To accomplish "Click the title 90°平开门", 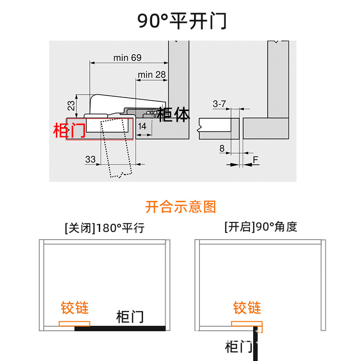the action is [x=182, y=21].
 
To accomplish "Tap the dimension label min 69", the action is [x=127, y=58].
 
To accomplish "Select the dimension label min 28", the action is [x=152, y=74].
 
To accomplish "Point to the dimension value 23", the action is [x=71, y=105].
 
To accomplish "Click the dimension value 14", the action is [x=142, y=126].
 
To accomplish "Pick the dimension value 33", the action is [x=90, y=159].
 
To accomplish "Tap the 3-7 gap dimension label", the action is [x=219, y=104].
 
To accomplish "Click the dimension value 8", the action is [x=222, y=148].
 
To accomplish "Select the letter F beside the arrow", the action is [x=255, y=160].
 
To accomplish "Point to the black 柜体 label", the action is [x=174, y=115].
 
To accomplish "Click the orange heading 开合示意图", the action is [x=180, y=207].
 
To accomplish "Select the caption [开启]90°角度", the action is [x=260, y=227].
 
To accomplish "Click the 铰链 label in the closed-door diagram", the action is [x=75, y=308].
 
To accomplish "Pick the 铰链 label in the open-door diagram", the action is [x=247, y=308].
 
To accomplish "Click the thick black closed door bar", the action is [x=120, y=329].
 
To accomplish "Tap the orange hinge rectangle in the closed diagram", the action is [x=74, y=324].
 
